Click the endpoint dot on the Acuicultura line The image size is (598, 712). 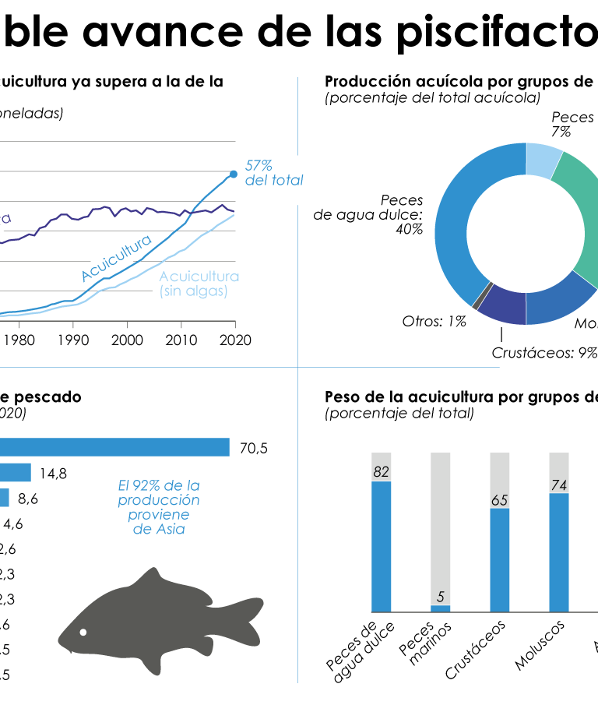click(234, 174)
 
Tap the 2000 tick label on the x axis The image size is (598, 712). click(127, 340)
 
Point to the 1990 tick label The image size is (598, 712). click(72, 340)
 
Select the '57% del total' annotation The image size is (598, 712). click(273, 173)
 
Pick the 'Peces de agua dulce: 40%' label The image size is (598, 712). click(368, 214)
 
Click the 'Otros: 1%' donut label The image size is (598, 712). click(434, 321)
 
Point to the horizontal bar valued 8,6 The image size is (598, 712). click(5, 498)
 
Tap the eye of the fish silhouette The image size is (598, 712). click(83, 631)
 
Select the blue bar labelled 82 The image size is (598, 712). click(382, 546)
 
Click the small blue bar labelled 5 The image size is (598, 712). click(441, 608)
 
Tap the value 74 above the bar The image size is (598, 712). click(558, 485)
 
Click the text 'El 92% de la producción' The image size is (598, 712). click(159, 492)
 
